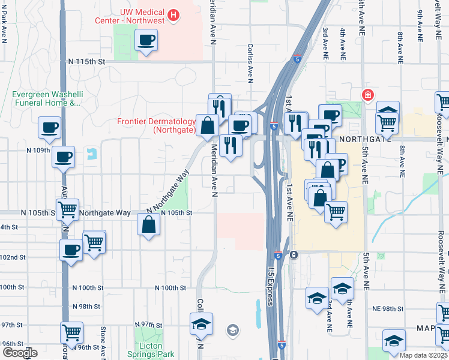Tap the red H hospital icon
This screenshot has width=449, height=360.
[x=173, y=15]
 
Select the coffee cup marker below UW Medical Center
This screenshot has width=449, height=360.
[x=146, y=41]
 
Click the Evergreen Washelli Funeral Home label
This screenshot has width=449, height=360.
[x=46, y=99]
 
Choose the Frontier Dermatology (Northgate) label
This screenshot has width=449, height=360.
[x=157, y=125]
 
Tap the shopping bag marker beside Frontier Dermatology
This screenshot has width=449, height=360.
[x=207, y=126]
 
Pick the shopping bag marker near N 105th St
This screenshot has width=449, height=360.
[x=149, y=225]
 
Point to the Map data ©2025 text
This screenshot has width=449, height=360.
[x=423, y=355]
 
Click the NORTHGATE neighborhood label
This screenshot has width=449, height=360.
[x=360, y=139]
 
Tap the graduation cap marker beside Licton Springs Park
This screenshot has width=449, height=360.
[x=201, y=325]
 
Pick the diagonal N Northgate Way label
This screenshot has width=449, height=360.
[x=169, y=190]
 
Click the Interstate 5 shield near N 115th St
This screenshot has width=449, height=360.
[x=298, y=59]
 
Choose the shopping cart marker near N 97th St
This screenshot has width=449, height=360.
[x=71, y=331]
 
